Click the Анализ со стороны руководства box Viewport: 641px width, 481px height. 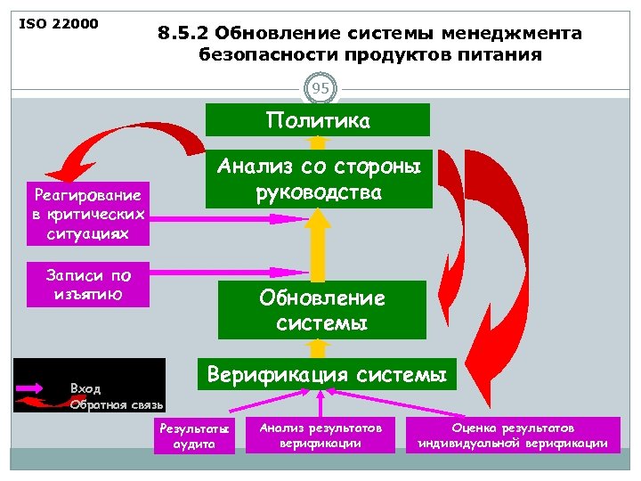318,178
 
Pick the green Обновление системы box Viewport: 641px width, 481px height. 318,310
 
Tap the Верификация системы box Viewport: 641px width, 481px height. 327,375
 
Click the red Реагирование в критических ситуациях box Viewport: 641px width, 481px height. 87,214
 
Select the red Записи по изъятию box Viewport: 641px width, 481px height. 87,284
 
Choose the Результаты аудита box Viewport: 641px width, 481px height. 194,436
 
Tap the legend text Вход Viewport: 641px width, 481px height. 85,389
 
